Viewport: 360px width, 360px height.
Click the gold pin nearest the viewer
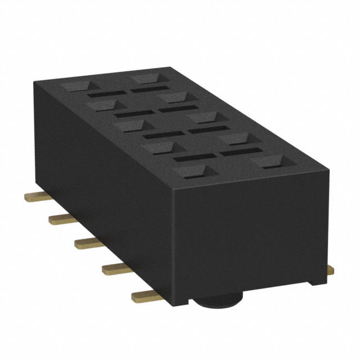[145, 295]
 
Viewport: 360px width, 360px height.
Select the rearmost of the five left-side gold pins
[35, 197]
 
